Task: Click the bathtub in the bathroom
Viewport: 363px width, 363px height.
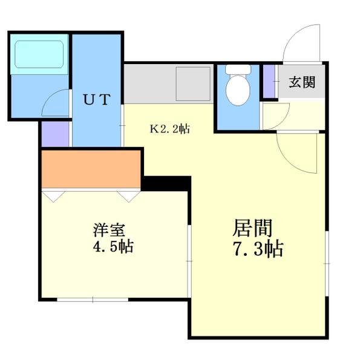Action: coord(39,54)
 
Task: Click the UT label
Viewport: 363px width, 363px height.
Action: coord(96,100)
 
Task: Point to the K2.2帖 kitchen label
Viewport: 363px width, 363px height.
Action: coord(170,128)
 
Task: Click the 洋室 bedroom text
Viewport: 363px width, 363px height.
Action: coord(109,231)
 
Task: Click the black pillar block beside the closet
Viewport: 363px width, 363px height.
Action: coord(166,181)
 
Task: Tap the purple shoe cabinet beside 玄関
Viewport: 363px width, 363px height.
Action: coord(267,80)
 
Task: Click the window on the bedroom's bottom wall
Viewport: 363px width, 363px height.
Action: coord(93,299)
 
